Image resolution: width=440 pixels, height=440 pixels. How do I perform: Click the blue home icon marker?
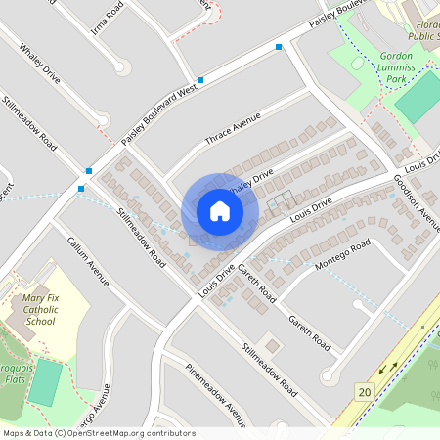(220, 211)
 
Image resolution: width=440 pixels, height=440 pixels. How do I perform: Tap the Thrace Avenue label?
(232, 129)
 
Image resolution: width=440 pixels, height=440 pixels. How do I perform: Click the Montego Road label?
(341, 253)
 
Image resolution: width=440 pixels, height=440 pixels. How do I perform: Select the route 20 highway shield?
(365, 392)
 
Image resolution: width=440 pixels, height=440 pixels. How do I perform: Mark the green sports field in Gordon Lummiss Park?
(418, 97)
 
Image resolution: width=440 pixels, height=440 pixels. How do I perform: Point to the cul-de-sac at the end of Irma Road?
(121, 66)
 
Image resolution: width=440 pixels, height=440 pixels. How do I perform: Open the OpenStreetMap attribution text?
(98, 433)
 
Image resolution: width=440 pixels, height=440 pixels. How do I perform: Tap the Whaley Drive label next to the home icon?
(253, 182)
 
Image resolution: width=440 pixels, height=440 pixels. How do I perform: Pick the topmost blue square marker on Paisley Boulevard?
(279, 47)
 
